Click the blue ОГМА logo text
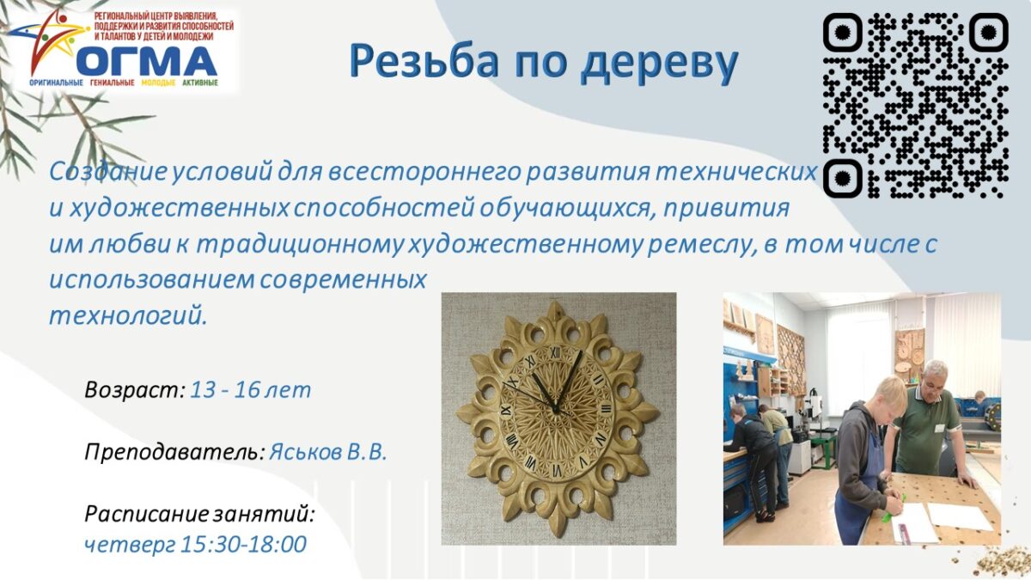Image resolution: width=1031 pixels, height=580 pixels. (x=147, y=61)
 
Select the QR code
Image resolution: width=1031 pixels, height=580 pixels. (x=916, y=106)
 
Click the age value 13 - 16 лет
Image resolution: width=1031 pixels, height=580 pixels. (x=250, y=390)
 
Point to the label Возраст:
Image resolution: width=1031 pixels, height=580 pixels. (x=135, y=390)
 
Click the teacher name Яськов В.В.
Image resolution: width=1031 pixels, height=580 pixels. (x=327, y=453)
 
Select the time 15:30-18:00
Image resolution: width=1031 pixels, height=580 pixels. (x=243, y=544)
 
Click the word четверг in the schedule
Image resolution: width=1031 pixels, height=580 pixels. (x=130, y=546)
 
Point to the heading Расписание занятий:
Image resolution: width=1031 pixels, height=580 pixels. (x=199, y=514)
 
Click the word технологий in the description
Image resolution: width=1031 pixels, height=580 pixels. (x=128, y=317)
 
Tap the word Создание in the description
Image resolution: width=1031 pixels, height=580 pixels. (x=108, y=172)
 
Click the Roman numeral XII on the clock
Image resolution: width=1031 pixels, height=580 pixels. (x=556, y=352)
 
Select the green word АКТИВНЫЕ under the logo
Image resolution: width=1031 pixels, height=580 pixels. (x=199, y=82)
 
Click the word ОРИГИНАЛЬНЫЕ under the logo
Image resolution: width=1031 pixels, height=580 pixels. (x=56, y=82)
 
